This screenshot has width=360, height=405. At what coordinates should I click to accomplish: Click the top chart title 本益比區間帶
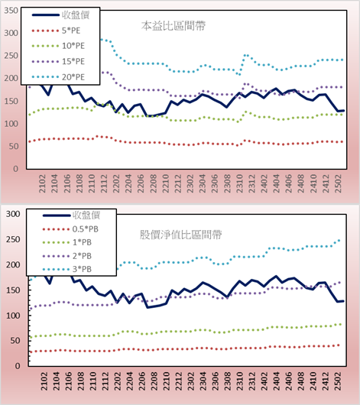click(174, 26)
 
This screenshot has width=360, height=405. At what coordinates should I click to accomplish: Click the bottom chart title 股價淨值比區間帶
click(180, 235)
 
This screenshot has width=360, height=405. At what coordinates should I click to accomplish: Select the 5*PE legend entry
click(71, 31)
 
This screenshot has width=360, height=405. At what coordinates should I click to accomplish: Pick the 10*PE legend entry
click(73, 46)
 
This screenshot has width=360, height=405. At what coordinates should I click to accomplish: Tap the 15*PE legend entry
click(73, 61)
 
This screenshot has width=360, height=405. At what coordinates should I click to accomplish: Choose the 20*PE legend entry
click(73, 77)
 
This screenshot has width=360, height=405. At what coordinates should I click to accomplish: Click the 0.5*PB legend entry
click(86, 229)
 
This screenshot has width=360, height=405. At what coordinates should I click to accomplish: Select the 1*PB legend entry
click(83, 242)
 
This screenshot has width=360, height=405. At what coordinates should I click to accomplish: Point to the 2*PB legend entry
click(83, 256)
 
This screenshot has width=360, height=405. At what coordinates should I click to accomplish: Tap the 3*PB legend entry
click(83, 269)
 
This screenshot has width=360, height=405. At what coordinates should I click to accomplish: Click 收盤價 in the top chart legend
click(76, 15)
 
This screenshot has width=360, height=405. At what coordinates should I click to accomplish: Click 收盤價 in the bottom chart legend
click(86, 215)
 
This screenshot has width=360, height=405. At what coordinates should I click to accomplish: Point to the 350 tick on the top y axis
click(11, 11)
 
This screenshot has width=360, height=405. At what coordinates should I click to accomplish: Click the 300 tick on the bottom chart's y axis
click(13, 214)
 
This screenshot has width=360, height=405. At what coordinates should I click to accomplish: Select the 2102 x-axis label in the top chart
click(42, 183)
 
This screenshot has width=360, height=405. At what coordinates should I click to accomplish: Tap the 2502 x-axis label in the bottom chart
click(339, 381)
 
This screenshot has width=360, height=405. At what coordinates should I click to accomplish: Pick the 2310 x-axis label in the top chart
click(239, 183)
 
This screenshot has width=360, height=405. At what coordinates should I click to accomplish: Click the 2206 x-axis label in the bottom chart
click(141, 381)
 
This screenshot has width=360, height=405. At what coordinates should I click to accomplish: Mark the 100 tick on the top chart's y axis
click(11, 124)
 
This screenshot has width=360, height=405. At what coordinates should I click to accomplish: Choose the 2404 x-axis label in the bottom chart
click(277, 381)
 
